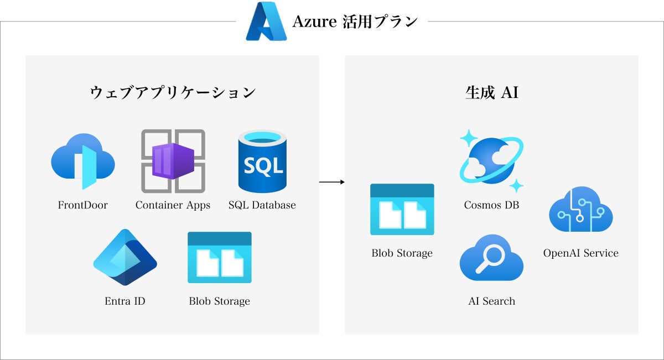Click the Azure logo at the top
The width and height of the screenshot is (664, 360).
pos(266,22)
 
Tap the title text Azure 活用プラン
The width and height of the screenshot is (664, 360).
pos(355,22)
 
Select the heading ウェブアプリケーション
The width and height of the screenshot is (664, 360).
pos(173,92)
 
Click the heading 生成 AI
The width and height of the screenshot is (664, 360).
pos(491,92)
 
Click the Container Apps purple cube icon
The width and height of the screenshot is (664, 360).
pos(173,161)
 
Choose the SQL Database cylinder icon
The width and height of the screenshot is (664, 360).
pos(262,161)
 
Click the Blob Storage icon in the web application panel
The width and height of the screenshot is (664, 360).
pos(220,257)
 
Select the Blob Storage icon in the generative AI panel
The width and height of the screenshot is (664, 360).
pos(402,210)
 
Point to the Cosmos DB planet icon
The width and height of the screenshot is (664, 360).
pos(491,161)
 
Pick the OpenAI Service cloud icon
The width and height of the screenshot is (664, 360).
pos(581,210)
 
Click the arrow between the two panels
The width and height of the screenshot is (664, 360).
pos(332,181)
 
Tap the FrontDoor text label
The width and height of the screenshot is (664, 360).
pos(83,205)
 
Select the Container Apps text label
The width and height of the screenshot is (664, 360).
pos(173,205)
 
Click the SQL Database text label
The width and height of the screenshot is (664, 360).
pos(262,205)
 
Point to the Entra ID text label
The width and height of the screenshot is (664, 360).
pos(125,301)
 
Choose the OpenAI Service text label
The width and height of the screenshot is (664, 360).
pos(581,253)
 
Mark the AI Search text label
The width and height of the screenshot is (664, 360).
pos(491,301)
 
